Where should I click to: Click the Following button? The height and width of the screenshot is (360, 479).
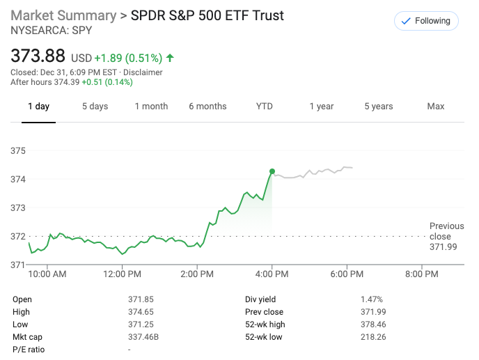[426, 21]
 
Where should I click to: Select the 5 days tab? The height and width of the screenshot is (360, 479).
[95, 107]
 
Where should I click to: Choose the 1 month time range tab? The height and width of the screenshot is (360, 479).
[151, 107]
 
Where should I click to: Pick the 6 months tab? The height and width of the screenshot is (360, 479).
[207, 107]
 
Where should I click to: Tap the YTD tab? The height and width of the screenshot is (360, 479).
[265, 107]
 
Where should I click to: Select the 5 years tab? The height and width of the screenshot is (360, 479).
[378, 107]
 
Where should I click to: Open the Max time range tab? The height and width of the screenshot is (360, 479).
[436, 107]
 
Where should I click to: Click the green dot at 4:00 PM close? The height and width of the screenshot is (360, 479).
[272, 171]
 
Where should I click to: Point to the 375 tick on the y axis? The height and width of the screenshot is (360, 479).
[18, 150]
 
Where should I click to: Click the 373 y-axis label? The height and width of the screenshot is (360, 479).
[18, 208]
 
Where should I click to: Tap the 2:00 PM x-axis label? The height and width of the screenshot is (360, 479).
[197, 274]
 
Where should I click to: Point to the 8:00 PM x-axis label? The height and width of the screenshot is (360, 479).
[421, 274]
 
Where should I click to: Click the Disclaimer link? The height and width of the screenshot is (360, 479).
[143, 72]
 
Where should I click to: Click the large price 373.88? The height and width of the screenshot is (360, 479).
[38, 56]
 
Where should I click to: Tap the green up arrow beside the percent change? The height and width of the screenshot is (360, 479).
[170, 58]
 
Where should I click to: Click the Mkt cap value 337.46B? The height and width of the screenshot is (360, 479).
[143, 337]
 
